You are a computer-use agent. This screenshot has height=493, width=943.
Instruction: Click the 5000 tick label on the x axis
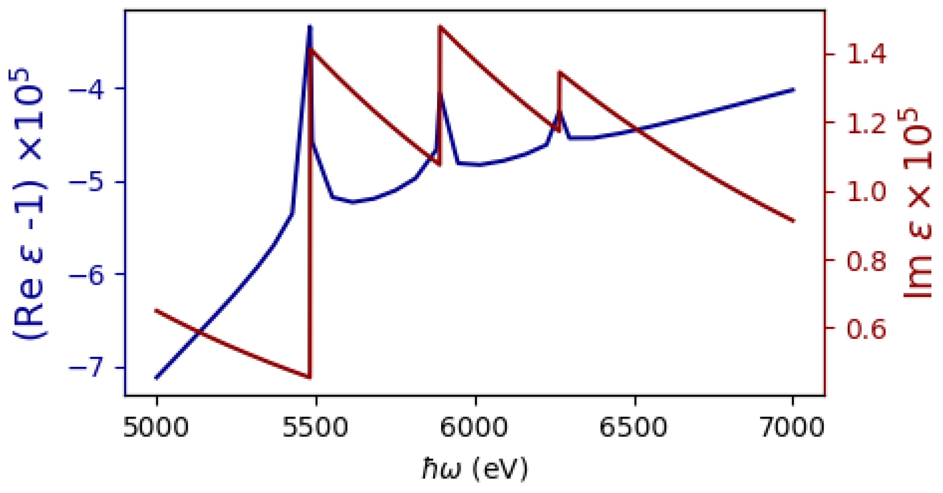(x=156, y=427)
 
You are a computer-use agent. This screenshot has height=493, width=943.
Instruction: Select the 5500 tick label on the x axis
(x=315, y=427)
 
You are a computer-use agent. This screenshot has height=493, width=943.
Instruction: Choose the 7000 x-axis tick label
(x=793, y=427)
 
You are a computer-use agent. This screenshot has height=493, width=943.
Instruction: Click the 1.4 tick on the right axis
(x=867, y=55)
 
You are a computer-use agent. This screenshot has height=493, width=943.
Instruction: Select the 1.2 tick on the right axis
(x=867, y=123)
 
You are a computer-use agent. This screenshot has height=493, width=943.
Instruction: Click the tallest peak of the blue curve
(x=310, y=26)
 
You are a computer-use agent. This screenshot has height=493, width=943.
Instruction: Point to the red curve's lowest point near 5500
(x=309, y=377)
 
